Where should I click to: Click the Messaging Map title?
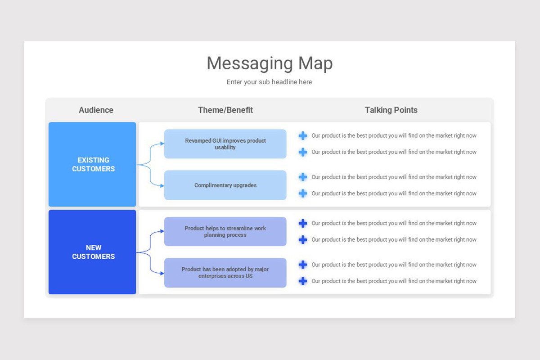[x=270, y=63]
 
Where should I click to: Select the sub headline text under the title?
[x=269, y=82]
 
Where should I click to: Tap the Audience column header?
[x=96, y=110]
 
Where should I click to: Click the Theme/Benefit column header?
[x=225, y=110]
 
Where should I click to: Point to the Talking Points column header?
[x=391, y=110]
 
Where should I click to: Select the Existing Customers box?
[x=93, y=164]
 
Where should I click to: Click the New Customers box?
[x=93, y=252]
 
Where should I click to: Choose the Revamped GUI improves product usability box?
[x=225, y=144]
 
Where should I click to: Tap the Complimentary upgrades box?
[x=225, y=185]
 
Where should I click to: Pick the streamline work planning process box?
[x=225, y=231]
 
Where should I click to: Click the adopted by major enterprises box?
[x=225, y=272]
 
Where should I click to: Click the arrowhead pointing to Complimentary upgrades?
[x=162, y=185]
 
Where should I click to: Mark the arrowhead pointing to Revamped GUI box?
[x=162, y=144]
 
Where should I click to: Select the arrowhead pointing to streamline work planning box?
[x=162, y=231]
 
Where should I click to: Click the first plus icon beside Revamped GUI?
[x=303, y=135]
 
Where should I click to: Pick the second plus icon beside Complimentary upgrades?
[x=303, y=193]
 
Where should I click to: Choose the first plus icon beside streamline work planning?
[x=303, y=223]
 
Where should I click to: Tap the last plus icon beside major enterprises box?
[x=303, y=281]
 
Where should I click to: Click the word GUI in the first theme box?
[x=216, y=140]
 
